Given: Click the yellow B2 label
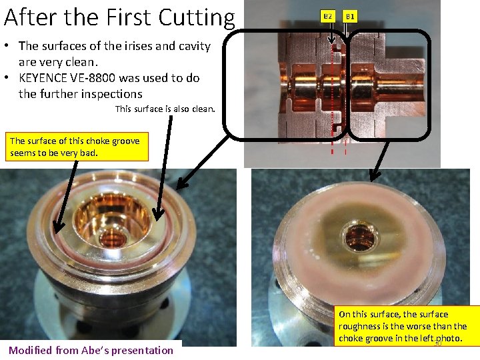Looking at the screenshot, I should click(x=327, y=16).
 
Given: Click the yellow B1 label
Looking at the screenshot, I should click(x=351, y=16).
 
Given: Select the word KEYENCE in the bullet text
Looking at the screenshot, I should click(x=48, y=78).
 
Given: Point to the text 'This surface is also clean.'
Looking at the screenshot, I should click(x=165, y=109).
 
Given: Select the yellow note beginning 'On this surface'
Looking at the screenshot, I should click(x=407, y=326).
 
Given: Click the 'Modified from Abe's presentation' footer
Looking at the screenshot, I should click(x=91, y=350).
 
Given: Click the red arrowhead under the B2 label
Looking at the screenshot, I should click(x=333, y=46).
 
